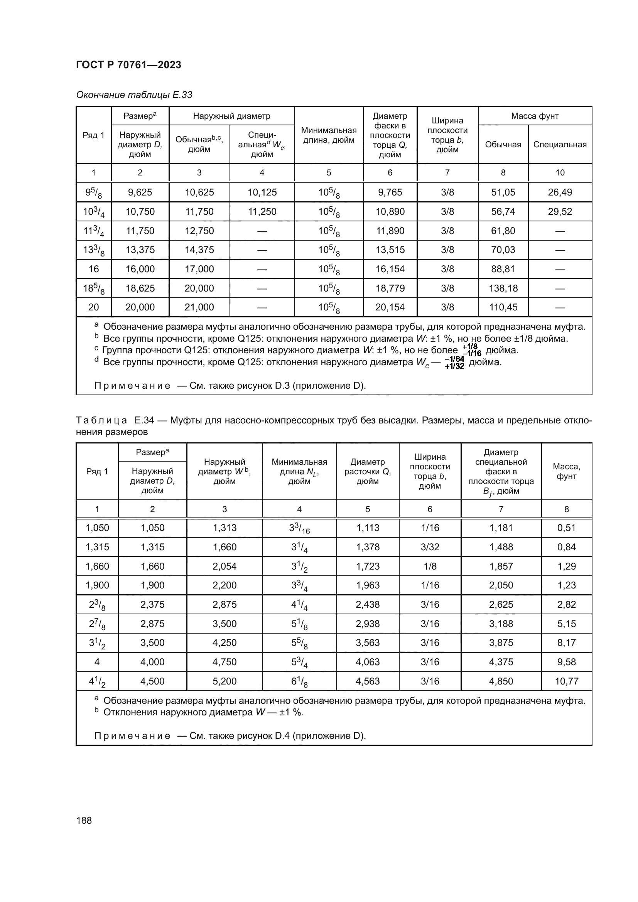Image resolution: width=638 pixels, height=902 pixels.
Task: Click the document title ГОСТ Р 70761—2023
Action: (128, 65)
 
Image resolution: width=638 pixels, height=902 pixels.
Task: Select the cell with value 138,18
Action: (503, 288)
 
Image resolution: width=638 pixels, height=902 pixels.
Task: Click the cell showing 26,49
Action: (560, 192)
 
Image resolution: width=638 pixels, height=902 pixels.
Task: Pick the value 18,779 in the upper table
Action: (390, 288)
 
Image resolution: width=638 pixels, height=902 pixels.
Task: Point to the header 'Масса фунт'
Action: (535, 116)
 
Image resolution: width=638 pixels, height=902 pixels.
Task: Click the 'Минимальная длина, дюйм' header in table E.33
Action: (328, 135)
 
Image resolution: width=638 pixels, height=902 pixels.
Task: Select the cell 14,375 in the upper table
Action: (199, 250)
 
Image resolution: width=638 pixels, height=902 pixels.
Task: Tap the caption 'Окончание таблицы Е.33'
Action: (134, 95)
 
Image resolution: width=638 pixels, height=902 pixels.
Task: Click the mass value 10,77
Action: (566, 681)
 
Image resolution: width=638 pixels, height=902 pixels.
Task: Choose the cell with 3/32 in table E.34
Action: (430, 547)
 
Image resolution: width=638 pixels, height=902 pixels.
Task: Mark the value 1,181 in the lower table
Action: (501, 528)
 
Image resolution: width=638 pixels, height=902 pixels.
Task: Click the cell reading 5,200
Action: (224, 681)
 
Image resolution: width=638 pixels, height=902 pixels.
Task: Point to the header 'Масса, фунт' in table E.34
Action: (566, 471)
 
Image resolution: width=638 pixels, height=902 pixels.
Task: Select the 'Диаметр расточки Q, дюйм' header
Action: (367, 471)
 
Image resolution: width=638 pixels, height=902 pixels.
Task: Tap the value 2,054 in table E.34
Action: (224, 566)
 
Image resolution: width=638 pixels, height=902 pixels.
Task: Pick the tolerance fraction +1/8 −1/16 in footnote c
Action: (471, 350)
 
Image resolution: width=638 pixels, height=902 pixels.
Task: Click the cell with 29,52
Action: (560, 212)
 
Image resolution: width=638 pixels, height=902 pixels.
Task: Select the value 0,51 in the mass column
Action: (566, 528)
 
